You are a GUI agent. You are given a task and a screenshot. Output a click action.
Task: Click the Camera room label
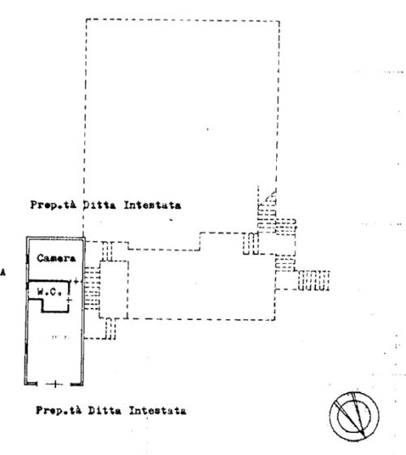56,258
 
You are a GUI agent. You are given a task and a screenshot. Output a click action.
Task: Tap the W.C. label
50,292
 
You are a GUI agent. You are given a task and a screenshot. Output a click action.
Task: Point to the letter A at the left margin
3,272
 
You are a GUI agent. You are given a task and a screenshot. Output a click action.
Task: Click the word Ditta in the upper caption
99,205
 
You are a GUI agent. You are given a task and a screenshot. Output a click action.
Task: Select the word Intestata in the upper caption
153,205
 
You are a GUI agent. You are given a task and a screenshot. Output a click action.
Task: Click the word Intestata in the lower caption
158,410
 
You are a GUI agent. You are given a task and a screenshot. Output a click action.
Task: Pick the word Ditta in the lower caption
105,410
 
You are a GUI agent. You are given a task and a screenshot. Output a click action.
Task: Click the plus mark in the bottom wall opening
55,384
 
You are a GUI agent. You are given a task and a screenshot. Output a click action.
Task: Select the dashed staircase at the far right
314,280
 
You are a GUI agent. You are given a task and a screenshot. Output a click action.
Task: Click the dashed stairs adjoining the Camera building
92,288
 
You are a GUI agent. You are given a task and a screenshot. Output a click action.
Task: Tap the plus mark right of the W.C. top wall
76,281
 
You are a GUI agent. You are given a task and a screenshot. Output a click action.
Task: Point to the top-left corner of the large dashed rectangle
86,19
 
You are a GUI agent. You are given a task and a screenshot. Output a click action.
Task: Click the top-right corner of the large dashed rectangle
279,21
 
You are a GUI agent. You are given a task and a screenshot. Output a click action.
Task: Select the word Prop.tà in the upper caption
54,205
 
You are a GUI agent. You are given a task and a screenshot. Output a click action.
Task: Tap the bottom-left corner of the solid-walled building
25,384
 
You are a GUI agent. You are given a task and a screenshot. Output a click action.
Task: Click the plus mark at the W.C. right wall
69,300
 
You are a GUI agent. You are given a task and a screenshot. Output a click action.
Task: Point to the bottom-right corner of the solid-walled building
83,385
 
